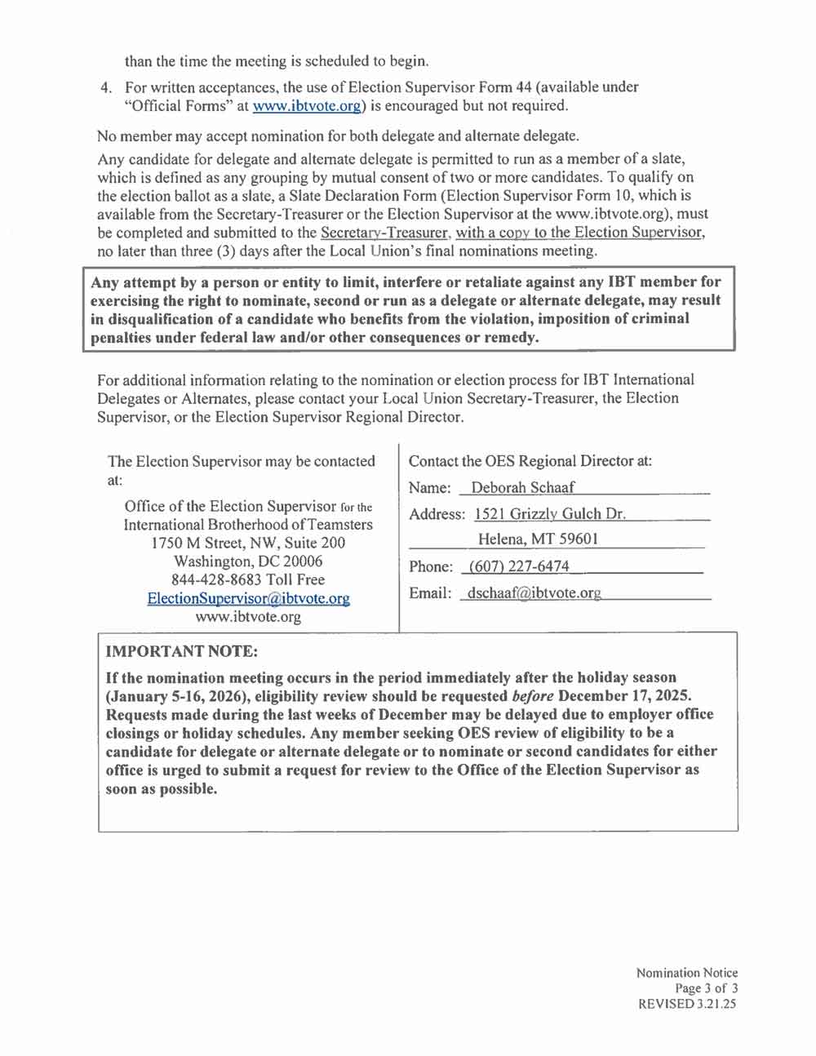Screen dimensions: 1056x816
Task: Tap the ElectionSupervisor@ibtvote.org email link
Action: [x=248, y=598]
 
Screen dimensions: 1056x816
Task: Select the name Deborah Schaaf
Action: [x=522, y=488]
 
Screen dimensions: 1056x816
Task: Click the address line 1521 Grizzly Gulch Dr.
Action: [x=550, y=514]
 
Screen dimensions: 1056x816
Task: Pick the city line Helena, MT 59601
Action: [x=538, y=539]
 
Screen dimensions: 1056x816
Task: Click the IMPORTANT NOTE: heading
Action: [x=182, y=651]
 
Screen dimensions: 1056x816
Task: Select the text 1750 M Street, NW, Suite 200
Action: [x=248, y=543]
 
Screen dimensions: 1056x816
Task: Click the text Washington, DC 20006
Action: [x=248, y=561]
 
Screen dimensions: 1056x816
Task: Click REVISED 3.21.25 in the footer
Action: [x=687, y=1004]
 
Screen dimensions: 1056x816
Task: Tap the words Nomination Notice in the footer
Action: [x=687, y=973]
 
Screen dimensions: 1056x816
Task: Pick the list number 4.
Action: [x=104, y=87]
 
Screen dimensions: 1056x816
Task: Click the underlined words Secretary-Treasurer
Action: [x=384, y=233]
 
